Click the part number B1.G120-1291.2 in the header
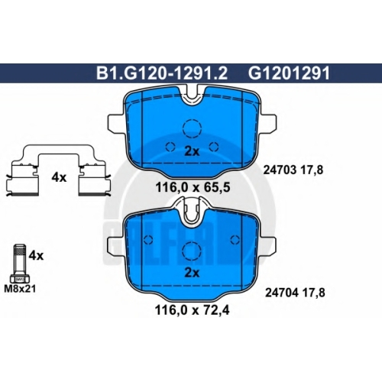click(162, 73)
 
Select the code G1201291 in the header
click(289, 73)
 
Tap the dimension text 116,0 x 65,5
click(193, 188)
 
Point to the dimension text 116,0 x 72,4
click(193, 310)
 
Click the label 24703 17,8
click(293, 170)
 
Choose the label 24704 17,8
click(295, 293)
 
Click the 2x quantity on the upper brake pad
click(192, 152)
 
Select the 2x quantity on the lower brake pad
click(192, 273)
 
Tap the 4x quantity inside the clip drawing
click(59, 177)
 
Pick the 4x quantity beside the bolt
click(36, 255)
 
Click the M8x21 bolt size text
click(20, 289)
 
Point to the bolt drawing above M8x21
click(20, 264)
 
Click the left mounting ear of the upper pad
click(116, 122)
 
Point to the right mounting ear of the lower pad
click(267, 245)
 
